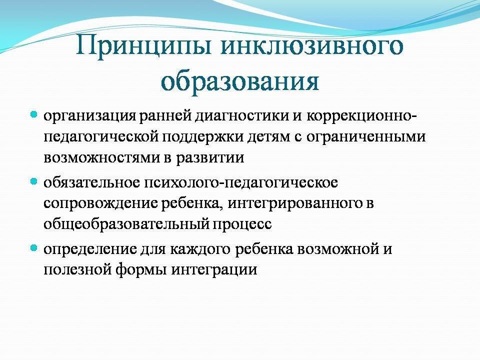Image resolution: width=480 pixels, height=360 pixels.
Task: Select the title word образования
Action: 239,81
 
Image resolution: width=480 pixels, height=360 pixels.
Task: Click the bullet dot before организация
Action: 33,115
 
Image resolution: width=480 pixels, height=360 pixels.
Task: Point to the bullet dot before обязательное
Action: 33,182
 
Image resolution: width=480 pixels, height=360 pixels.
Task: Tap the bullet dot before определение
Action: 33,248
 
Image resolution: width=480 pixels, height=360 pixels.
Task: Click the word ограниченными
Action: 366,137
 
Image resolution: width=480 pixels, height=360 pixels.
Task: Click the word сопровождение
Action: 100,204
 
